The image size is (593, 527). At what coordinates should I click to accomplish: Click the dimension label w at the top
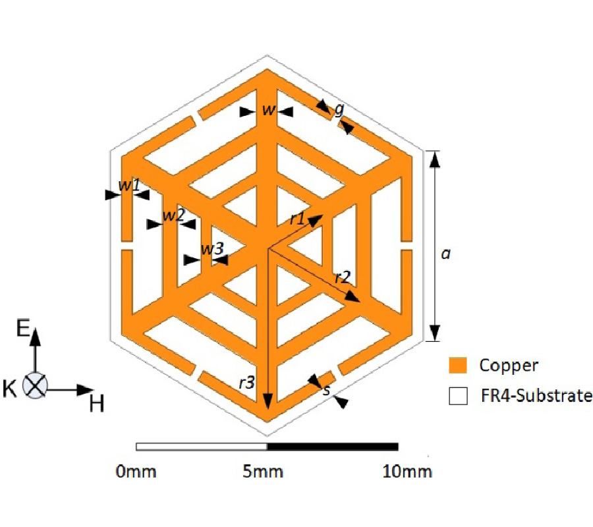pyautogui.click(x=268, y=111)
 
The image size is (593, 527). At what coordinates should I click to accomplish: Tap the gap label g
pyautogui.click(x=339, y=109)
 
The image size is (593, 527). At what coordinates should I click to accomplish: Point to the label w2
pyautogui.click(x=173, y=215)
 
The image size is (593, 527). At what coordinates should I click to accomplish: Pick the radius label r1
pyautogui.click(x=298, y=219)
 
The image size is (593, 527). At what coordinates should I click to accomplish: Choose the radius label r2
pyautogui.click(x=342, y=277)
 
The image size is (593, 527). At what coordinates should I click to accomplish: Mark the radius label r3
pyautogui.click(x=246, y=383)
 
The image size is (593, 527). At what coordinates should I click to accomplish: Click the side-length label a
pyautogui.click(x=445, y=253)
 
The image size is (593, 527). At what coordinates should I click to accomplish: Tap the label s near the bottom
pyautogui.click(x=326, y=390)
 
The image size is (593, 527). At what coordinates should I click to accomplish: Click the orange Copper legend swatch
pyautogui.click(x=457, y=365)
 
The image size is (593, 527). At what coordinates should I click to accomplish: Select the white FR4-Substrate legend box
pyautogui.click(x=457, y=396)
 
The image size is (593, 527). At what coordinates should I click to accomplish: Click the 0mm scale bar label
pyautogui.click(x=136, y=472)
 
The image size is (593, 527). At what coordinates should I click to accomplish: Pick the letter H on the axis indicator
pyautogui.click(x=96, y=403)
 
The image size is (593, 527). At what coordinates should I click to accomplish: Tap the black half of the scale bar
pyautogui.click(x=332, y=447)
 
